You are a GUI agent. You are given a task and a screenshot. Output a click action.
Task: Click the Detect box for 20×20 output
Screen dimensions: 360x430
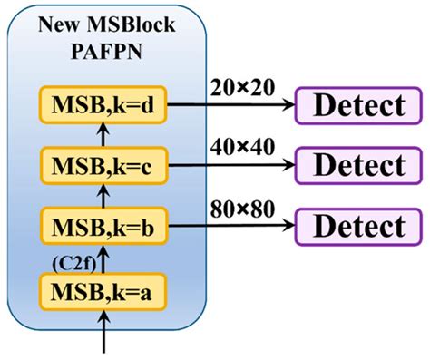357,105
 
